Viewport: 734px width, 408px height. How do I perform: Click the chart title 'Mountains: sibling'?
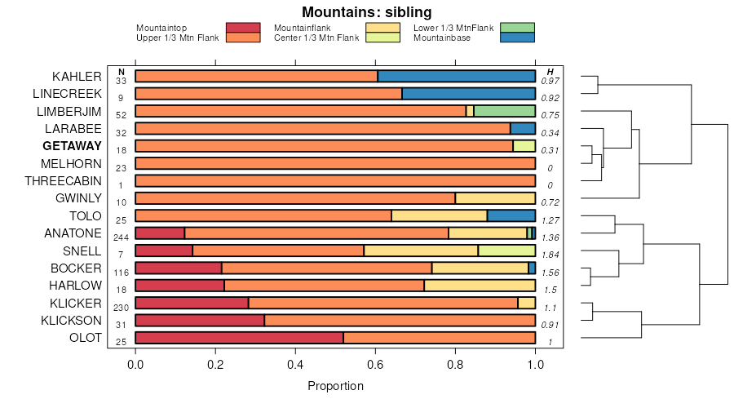click(366, 12)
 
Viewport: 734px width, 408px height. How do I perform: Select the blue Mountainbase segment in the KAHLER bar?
click(457, 76)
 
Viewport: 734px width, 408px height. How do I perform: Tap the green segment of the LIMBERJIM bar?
click(505, 111)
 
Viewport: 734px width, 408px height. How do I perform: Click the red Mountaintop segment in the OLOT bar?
click(239, 338)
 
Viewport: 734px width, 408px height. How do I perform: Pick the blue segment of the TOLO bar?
click(511, 215)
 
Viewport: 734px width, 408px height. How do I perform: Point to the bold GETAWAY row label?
click(73, 146)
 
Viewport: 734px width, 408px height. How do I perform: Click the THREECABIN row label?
click(63, 180)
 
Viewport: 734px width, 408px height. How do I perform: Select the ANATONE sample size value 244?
click(122, 237)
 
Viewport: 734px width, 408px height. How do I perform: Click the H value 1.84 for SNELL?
click(550, 255)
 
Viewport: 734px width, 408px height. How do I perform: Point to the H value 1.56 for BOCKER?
click(550, 273)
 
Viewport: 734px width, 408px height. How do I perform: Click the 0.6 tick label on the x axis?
click(375, 364)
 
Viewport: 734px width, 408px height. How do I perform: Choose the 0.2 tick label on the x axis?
click(215, 364)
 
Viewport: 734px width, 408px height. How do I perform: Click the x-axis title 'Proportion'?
click(335, 385)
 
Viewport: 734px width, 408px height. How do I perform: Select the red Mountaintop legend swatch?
click(243, 28)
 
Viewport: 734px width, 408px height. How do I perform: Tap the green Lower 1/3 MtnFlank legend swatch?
click(517, 28)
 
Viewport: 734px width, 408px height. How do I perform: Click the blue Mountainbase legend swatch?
click(517, 38)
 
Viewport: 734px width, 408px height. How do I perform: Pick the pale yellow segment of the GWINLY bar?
click(495, 198)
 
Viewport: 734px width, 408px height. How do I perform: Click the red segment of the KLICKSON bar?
click(200, 321)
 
